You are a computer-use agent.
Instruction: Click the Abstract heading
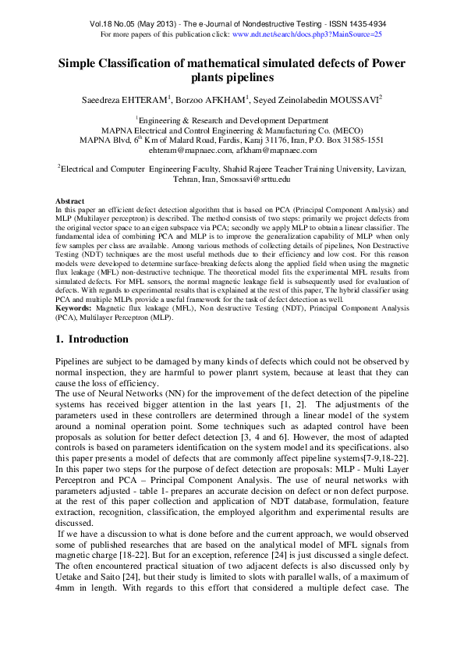70,201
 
